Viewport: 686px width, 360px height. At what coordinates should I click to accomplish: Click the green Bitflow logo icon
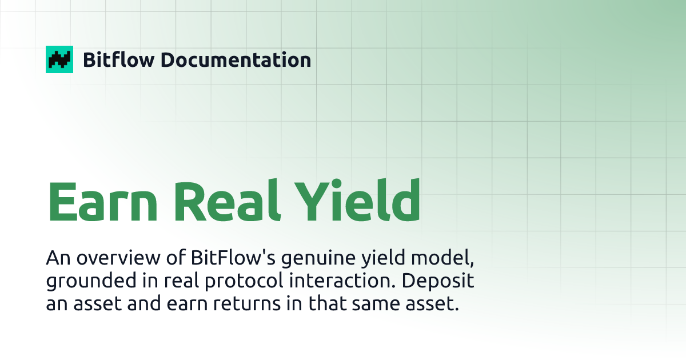[59, 59]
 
